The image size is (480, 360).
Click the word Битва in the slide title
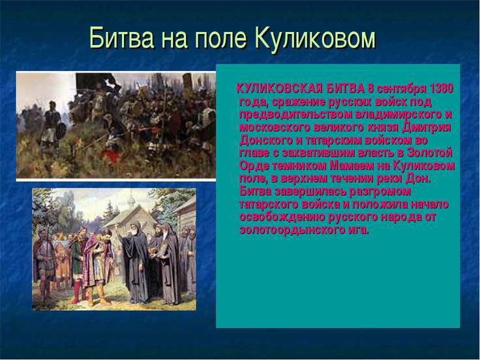point(121,38)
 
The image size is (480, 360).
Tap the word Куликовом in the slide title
point(315,38)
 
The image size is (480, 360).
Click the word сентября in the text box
point(402,89)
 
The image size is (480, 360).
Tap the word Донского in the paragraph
point(265,140)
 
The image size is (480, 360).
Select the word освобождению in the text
point(282,217)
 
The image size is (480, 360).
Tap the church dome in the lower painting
point(131,200)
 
